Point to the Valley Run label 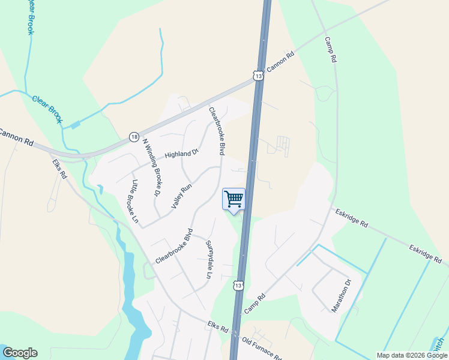(181, 196)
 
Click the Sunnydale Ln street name (209, 260)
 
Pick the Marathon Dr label (340, 296)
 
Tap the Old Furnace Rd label (262, 347)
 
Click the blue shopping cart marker (234, 199)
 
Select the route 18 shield (133, 137)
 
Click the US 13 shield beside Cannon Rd (258, 76)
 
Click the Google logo (20, 353)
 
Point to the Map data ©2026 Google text (412, 355)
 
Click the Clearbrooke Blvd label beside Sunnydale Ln (174, 246)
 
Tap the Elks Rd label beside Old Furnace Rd (218, 329)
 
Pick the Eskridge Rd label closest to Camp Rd (352, 218)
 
